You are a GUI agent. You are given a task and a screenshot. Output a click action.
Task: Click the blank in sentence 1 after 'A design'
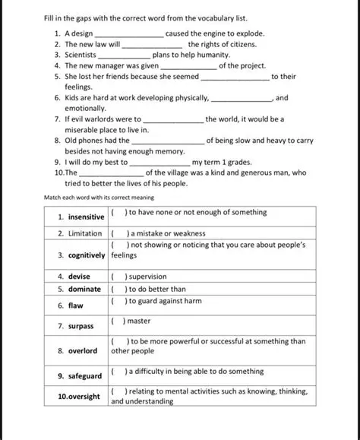128,34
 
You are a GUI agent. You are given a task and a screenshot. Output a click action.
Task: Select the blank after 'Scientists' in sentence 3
125,55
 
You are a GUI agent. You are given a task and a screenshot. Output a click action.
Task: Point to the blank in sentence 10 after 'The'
110,173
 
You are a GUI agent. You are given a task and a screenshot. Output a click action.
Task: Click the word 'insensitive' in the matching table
86,217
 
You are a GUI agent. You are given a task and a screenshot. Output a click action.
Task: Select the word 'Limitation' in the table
84,234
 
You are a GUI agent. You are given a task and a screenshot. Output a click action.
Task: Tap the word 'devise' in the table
79,277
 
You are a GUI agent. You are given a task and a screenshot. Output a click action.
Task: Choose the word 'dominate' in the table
84,290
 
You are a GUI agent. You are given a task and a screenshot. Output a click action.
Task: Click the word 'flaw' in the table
76,305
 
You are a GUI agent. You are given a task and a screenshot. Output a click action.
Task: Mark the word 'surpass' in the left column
81,326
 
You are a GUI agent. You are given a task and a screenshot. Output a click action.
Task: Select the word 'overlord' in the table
83,351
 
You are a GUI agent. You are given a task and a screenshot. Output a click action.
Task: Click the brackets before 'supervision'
118,277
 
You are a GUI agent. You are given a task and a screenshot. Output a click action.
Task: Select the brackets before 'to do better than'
118,290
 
